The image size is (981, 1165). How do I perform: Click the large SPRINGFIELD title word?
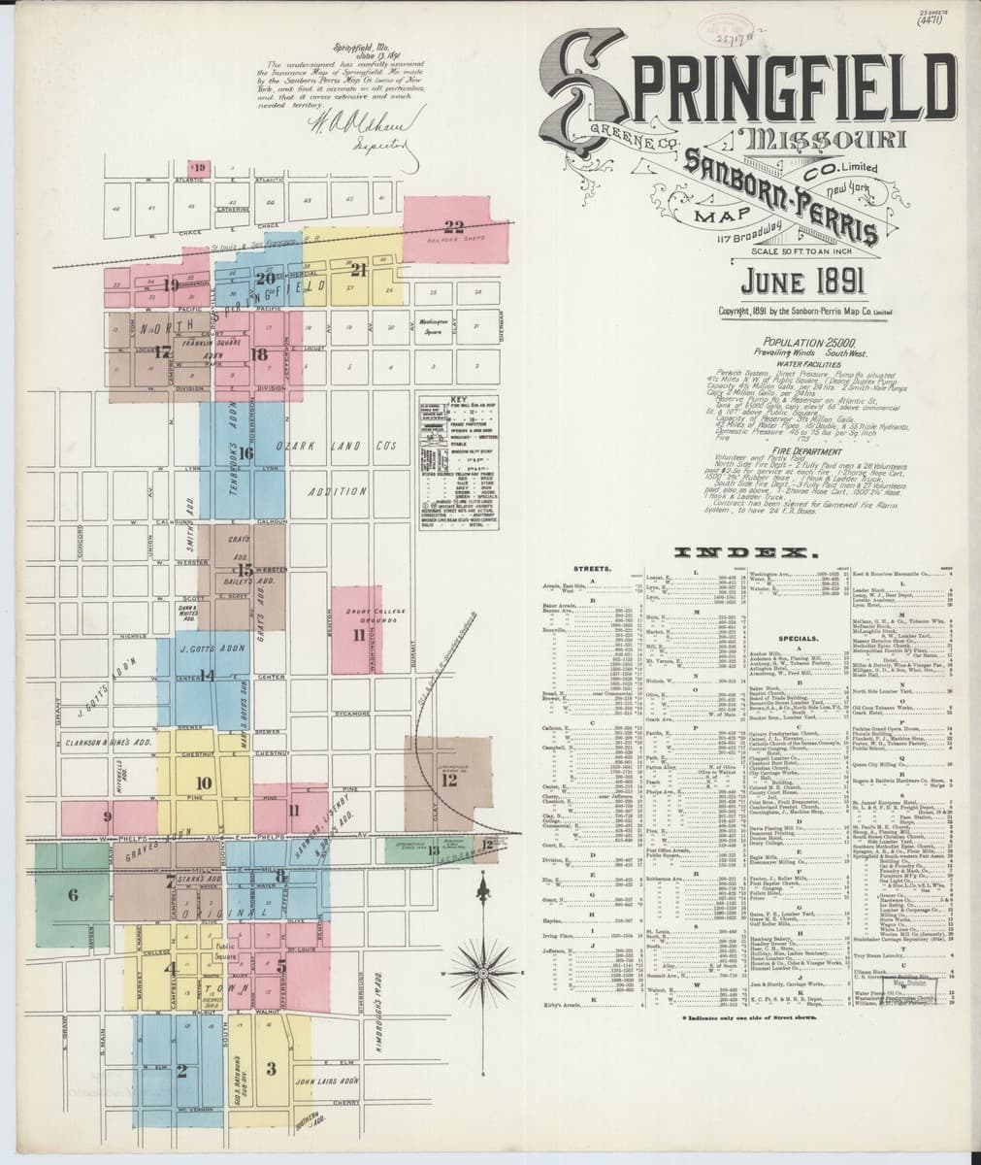(x=747, y=83)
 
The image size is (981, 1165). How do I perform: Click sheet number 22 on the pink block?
(x=453, y=227)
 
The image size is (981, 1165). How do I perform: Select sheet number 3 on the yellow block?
(x=272, y=1069)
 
